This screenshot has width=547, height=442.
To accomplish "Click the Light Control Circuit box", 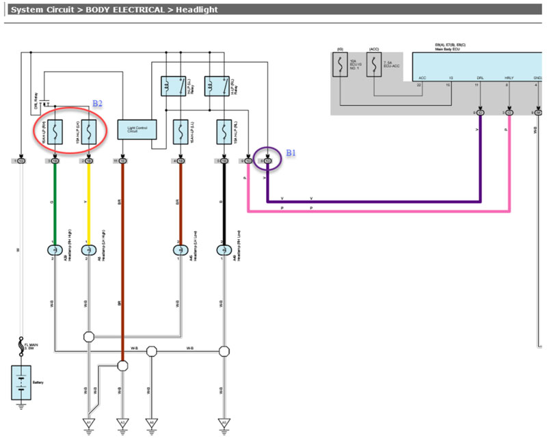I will coord(137,128).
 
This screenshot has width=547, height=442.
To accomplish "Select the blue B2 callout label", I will coord(97,102).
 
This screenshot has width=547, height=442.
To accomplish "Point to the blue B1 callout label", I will coord(291,154).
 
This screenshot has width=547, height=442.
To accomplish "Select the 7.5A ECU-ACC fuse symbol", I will coord(374,66).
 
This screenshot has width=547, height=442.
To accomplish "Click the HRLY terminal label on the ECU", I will coord(509,79).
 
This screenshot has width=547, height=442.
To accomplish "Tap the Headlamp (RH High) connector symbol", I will coord(54,250).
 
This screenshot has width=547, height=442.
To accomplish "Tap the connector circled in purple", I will coord(268,161).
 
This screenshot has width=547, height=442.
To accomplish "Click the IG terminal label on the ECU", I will coord(449,79).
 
